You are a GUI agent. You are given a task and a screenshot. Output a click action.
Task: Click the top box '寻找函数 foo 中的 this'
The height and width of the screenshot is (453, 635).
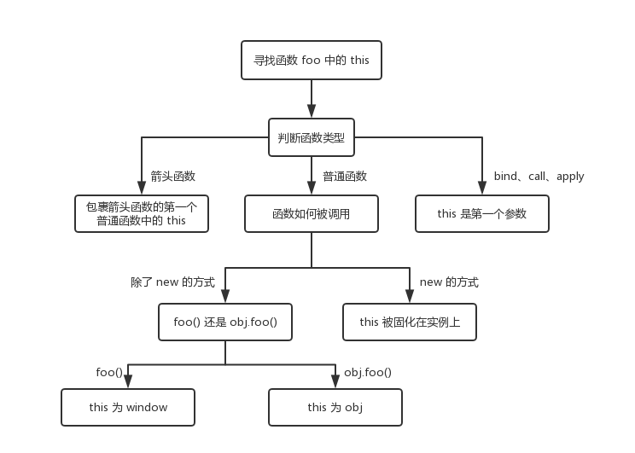[312, 61]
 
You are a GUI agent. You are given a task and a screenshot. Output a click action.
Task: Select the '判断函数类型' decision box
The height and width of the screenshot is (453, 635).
[312, 137]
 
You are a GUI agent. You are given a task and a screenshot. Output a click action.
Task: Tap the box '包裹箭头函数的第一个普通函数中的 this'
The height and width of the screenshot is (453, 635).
[142, 213]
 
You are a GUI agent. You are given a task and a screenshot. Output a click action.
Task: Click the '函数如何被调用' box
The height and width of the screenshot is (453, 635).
[312, 213]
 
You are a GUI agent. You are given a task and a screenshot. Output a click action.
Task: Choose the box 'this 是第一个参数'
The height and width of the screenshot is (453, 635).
[482, 213]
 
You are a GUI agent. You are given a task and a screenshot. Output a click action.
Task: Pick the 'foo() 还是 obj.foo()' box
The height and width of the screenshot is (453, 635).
[225, 322]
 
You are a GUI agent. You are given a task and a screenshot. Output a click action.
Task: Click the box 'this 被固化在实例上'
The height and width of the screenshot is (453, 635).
[409, 322]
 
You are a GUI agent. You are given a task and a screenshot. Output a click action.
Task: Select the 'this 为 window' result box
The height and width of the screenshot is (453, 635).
[128, 407]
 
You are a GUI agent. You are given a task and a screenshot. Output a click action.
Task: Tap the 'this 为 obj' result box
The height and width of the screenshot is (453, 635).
[335, 407]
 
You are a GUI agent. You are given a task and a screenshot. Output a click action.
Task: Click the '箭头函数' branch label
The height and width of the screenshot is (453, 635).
[173, 177]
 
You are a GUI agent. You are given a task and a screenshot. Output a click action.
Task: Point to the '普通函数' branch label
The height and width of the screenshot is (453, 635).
[345, 177]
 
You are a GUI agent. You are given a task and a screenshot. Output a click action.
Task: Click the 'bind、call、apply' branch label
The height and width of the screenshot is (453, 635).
[539, 177]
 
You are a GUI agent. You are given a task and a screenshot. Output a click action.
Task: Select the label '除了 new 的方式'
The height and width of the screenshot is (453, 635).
[172, 282]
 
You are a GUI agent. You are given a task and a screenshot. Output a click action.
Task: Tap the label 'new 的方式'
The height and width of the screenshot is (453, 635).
[449, 282]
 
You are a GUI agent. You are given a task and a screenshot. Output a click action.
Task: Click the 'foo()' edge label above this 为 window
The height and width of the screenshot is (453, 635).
[109, 373]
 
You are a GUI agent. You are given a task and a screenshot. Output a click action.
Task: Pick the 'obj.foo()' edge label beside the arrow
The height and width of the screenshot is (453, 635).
[368, 373]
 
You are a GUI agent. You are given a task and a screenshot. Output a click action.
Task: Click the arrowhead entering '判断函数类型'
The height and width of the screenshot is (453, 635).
[312, 112]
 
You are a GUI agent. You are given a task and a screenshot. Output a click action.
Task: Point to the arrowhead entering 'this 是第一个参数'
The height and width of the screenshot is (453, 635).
[482, 189]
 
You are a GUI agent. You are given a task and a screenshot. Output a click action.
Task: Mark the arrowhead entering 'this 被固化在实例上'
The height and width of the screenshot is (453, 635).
[409, 298]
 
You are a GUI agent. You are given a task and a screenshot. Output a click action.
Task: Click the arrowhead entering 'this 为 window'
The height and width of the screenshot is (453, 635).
[128, 383]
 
